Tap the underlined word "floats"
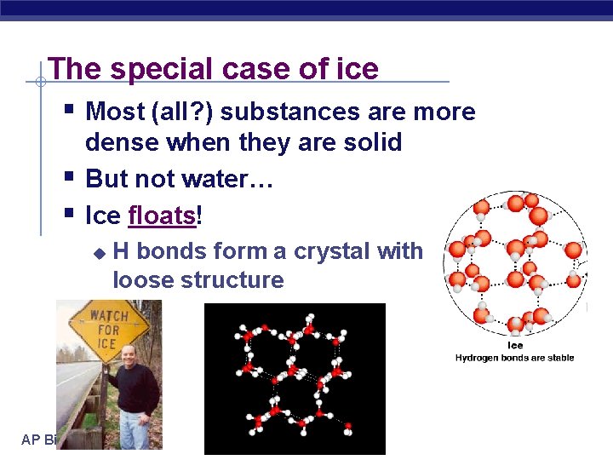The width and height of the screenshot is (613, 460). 162,216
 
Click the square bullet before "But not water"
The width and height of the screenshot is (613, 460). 69,177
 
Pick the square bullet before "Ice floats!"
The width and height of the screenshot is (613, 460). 69,214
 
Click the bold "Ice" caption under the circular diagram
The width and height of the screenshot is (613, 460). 515,346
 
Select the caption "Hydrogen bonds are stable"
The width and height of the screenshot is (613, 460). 515,358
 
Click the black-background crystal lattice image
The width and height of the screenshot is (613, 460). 295,375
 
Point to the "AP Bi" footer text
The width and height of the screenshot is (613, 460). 38,440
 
